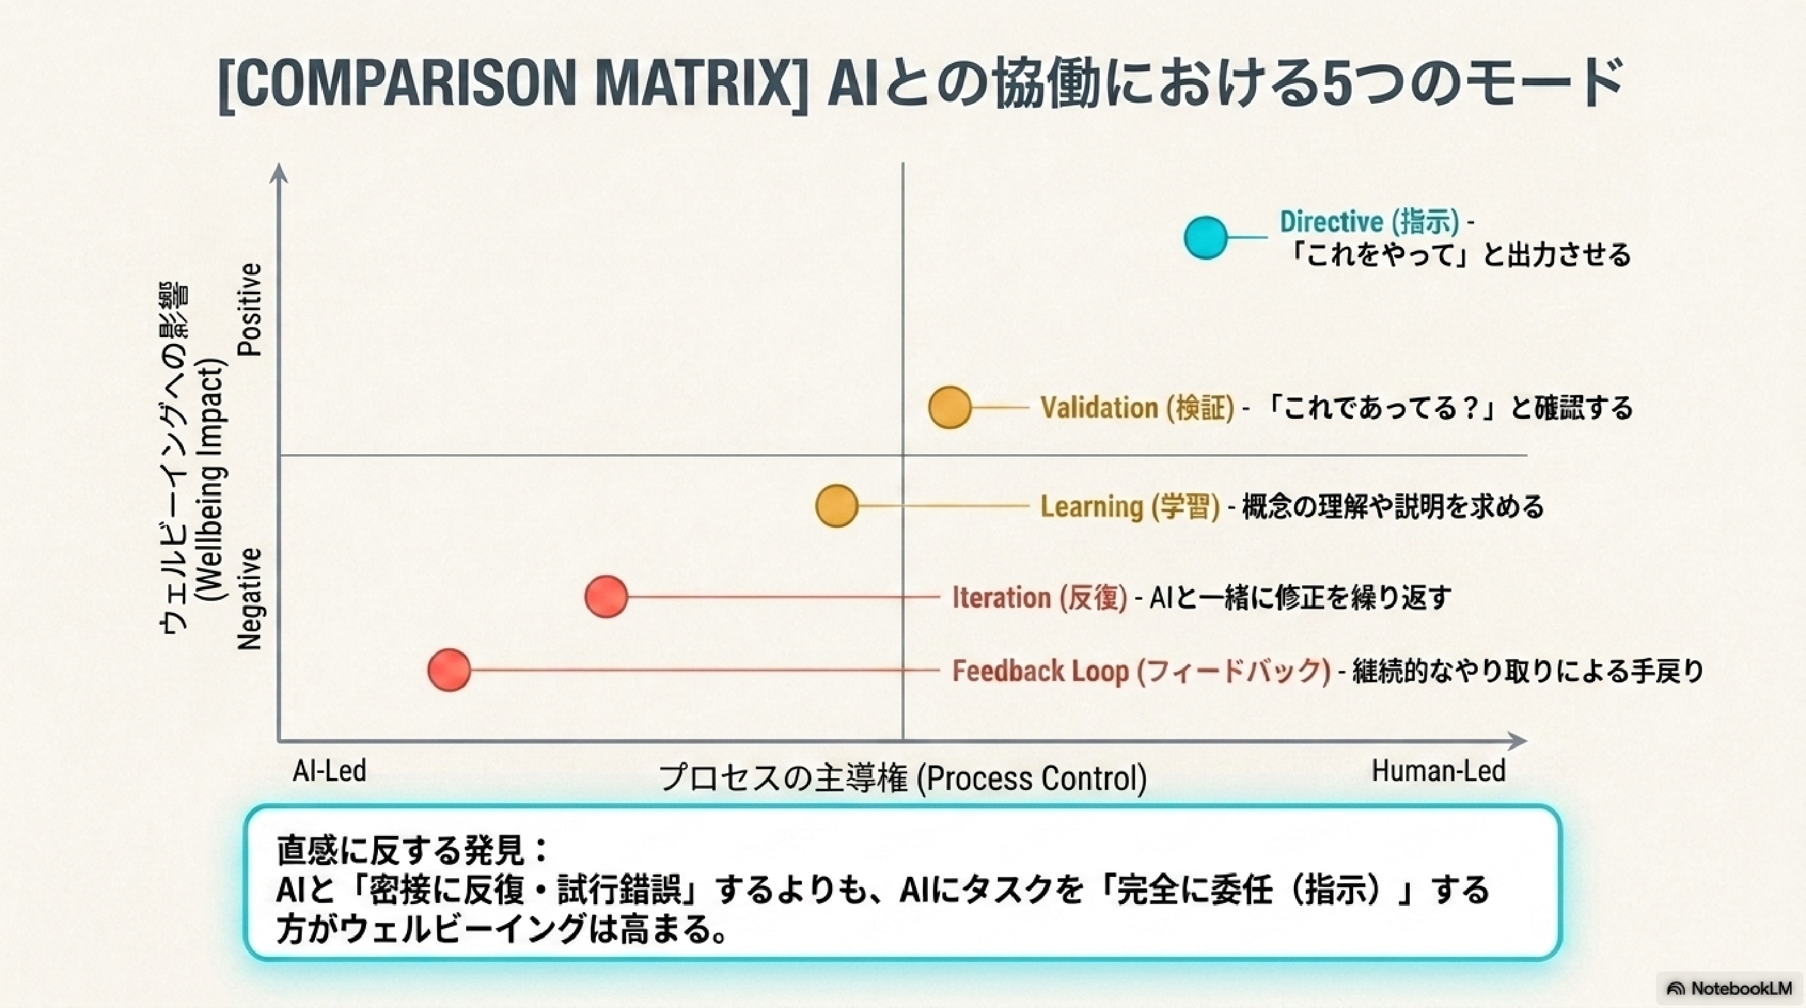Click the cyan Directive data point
pos(1205,238)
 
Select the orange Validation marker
pos(949,406)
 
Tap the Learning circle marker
pos(837,505)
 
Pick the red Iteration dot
pos(606,597)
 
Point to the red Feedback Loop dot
pos(449,670)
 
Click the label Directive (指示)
pos(1369,222)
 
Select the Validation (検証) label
pos(1136,407)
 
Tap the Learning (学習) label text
pos(1129,506)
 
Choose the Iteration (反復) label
pos(1039,597)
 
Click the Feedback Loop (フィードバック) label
pos(1141,671)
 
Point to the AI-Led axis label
pos(329,771)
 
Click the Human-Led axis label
pos(1439,771)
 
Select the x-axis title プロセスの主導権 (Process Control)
pos(902,778)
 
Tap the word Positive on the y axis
pos(249,309)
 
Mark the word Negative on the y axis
pos(249,598)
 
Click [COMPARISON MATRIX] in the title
pos(513,86)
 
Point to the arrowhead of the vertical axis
pos(279,173)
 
